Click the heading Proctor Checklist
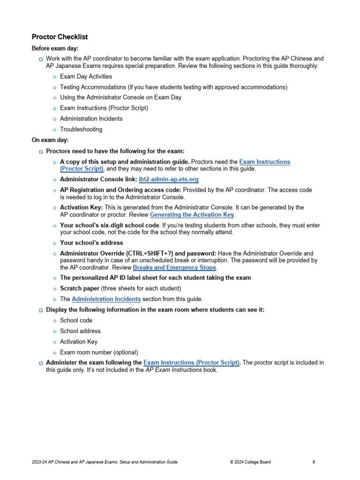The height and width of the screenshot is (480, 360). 60,37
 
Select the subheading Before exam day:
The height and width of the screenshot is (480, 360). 55,48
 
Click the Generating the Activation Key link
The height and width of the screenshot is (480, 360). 192,215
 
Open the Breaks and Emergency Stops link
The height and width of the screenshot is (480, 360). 174,268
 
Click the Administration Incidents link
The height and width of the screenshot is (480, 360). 106,299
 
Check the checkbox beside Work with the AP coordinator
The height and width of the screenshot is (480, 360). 40,59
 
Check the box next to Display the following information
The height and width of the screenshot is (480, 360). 40,310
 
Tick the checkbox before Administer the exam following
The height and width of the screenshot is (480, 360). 40,363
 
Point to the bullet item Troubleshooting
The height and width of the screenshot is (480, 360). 81,129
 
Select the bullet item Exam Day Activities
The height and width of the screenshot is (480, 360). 86,76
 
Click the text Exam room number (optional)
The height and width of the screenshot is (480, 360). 99,352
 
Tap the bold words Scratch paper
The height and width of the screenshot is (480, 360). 79,288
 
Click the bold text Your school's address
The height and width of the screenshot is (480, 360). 91,243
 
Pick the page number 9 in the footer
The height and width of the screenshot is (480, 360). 314,462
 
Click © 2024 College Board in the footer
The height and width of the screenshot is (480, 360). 250,462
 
